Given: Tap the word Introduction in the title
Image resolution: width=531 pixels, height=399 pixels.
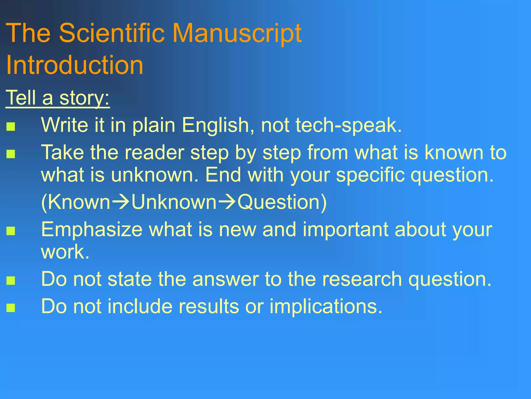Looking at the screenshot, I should point(74,65).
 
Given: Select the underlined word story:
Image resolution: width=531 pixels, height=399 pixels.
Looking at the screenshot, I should point(85,98).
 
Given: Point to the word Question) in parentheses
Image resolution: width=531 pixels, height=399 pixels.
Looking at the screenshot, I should point(282,203).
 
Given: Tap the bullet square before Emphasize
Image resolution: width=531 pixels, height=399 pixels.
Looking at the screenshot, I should point(11,231).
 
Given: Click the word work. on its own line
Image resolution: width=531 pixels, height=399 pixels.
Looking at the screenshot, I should point(65,252).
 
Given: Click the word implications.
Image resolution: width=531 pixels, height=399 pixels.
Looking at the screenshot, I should point(326,307).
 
